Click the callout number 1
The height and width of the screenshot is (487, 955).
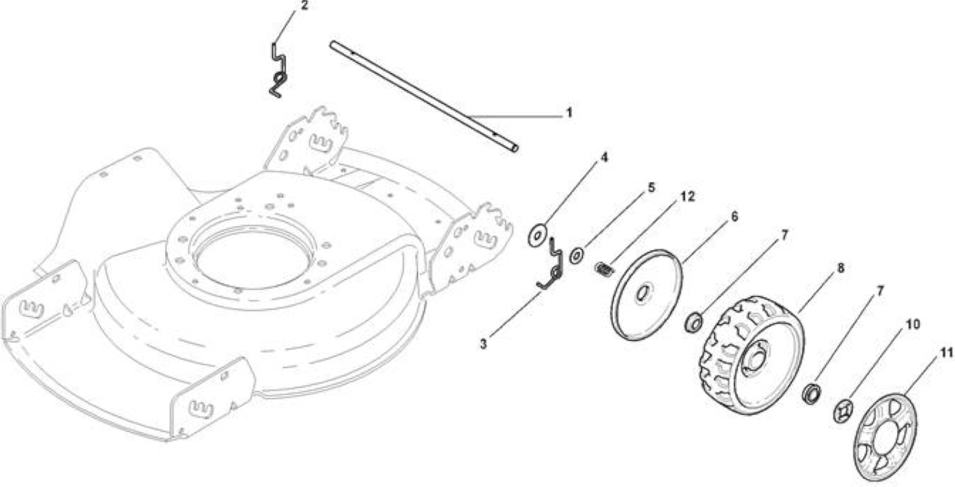point(569,113)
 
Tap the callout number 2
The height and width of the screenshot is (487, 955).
point(304,5)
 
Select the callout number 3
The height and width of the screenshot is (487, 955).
point(483,344)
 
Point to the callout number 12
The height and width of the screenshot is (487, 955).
point(687,196)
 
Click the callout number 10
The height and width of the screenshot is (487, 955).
point(912,324)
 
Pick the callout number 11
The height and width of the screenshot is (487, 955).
point(946,353)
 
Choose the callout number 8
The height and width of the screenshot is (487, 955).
point(840,268)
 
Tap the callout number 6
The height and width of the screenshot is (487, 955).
point(734,216)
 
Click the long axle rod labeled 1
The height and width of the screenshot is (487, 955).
point(424,96)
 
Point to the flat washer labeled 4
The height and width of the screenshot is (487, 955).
point(537,235)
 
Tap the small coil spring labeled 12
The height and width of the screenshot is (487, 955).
point(604,269)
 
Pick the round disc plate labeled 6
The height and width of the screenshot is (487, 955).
point(646,295)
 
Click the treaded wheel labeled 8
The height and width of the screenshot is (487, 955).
point(753,355)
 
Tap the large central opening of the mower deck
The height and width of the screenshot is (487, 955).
point(254,258)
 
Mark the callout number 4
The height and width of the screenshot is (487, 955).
point(604,157)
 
